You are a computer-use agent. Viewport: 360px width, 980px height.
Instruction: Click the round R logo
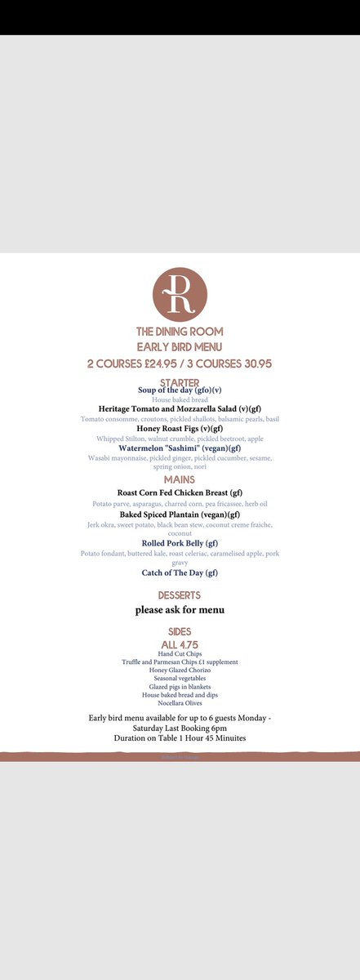180,293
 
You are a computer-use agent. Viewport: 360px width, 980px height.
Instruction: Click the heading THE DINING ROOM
180,332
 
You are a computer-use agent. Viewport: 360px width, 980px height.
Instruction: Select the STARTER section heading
180,382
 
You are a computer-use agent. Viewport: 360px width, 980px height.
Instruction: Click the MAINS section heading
180,480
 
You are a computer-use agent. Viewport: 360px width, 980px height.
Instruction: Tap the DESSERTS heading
180,595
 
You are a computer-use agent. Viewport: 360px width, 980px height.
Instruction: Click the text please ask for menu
180,609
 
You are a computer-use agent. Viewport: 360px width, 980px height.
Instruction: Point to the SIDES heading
180,631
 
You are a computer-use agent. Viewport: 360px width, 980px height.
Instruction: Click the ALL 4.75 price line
180,644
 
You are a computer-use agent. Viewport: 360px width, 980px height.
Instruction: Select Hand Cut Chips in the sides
180,654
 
